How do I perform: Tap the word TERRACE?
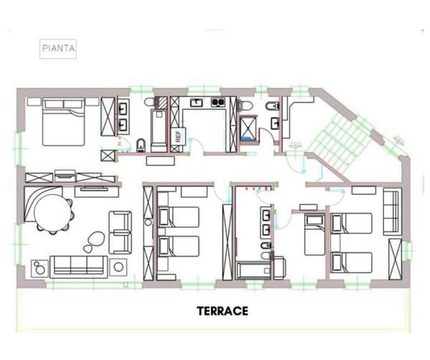tap(222, 311)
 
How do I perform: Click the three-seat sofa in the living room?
tap(79, 267)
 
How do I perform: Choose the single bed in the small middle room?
tap(315, 235)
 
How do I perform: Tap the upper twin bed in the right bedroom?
tap(352, 223)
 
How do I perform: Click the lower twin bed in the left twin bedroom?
tap(177, 246)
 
